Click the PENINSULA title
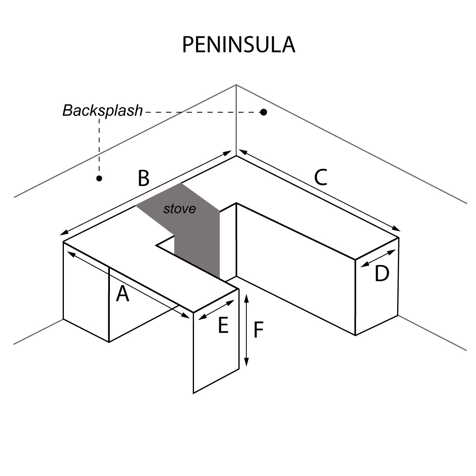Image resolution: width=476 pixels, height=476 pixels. point(238,45)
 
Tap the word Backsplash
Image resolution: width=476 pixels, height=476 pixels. point(102,110)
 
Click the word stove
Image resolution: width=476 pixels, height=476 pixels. point(180,209)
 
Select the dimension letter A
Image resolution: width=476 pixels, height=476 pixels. point(123,294)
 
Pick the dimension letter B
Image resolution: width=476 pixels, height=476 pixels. point(143,178)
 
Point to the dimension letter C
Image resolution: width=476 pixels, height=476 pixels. point(321,177)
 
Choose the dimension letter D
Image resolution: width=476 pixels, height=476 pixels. point(382,274)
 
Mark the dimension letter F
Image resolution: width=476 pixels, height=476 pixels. point(259,330)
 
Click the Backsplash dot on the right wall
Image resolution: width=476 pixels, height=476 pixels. point(263,112)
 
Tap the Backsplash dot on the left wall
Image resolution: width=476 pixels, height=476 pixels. point(99,178)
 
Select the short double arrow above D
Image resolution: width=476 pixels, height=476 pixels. point(379,258)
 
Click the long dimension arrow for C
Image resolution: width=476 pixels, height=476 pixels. point(319,190)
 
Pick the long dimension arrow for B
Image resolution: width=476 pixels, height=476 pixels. point(147,193)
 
